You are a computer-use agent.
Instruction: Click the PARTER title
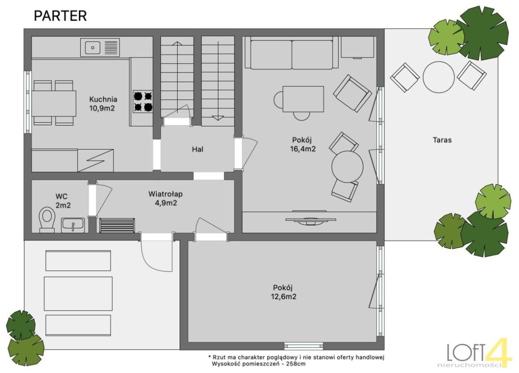tap(60, 16)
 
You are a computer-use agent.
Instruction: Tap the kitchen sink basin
tap(93, 48)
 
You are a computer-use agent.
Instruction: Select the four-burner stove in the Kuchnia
tap(143, 102)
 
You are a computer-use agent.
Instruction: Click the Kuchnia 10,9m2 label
tap(103, 104)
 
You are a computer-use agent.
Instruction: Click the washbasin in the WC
tap(73, 225)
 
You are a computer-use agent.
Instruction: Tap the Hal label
tap(197, 149)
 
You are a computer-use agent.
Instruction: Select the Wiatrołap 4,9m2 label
tap(165, 198)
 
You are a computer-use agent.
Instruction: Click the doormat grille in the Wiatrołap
tap(117, 225)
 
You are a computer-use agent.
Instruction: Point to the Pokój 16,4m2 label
tap(302, 144)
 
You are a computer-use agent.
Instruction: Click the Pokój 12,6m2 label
tap(283, 292)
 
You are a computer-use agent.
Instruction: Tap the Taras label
tap(442, 140)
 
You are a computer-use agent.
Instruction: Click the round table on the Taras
tap(438, 77)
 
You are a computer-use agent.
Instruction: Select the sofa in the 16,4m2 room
tap(292, 53)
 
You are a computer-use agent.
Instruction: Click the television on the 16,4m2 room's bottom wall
tap(311, 220)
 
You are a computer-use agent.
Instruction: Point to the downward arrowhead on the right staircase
tap(218, 118)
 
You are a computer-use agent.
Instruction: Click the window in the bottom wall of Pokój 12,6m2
tap(304, 346)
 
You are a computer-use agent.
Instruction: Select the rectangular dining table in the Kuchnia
tap(54, 103)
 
